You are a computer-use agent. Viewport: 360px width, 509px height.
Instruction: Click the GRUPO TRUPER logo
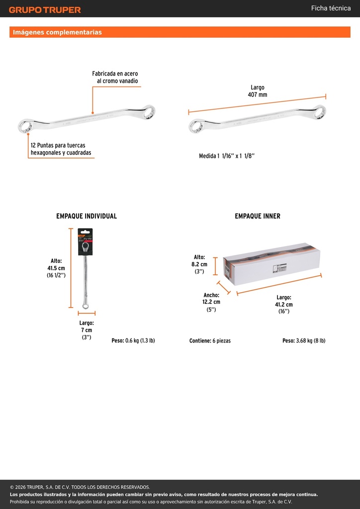coord(45,10)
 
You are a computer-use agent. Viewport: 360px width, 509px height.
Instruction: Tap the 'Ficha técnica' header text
coord(331,8)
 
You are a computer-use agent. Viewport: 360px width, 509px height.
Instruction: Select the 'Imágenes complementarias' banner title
coord(57,32)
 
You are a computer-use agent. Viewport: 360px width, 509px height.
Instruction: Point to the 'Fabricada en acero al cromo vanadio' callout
coord(115,77)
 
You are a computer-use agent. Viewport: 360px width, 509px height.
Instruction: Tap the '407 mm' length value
coord(258,95)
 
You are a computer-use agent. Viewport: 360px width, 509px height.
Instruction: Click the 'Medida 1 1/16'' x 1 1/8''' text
coord(227,156)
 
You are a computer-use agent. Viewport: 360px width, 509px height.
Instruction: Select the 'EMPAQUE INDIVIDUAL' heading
coord(87,216)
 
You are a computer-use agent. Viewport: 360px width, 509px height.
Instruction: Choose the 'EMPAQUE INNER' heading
coord(258,216)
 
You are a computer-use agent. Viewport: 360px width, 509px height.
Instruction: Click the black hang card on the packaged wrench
coord(85,242)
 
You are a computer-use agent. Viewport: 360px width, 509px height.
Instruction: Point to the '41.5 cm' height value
coord(57,268)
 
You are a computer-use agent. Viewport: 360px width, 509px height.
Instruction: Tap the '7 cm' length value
coord(87,330)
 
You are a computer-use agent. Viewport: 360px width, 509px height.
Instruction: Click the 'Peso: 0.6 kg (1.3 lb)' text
coord(133,340)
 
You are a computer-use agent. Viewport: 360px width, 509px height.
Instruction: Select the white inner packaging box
coord(271,264)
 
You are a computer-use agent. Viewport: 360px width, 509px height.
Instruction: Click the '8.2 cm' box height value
coord(199,264)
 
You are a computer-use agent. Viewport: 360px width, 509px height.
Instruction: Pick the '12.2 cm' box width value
coord(211,302)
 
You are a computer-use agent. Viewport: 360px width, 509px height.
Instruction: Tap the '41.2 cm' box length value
coord(284,305)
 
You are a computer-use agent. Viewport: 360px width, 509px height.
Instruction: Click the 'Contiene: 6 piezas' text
coord(210,341)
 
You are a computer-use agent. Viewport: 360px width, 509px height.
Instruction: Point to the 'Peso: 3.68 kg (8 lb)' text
coord(304,340)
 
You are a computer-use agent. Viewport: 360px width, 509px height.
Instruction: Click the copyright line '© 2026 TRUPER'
coord(80,487)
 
